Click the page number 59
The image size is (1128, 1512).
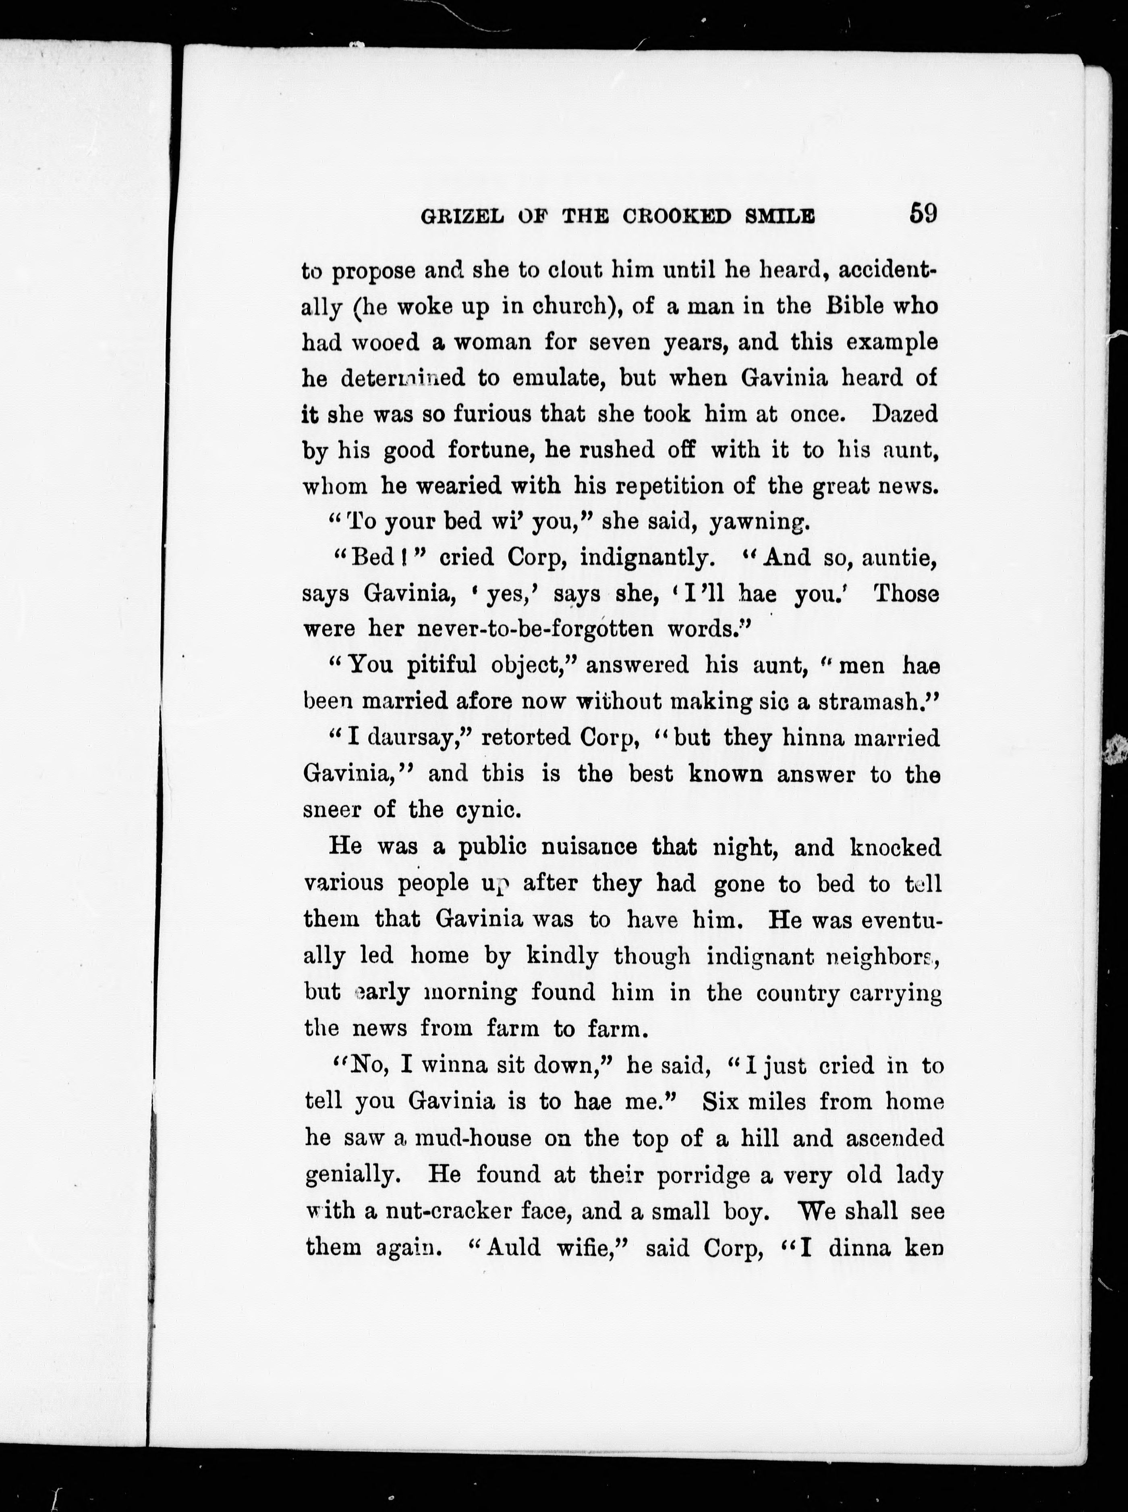click(x=923, y=213)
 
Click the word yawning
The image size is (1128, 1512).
click(x=759, y=522)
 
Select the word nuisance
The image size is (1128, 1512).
click(x=589, y=847)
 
